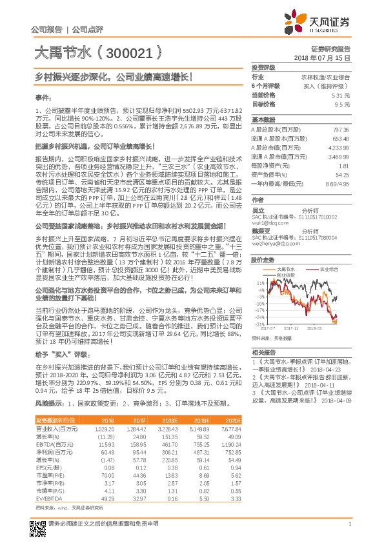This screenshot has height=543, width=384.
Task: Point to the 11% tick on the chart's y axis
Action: pos(259,283)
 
